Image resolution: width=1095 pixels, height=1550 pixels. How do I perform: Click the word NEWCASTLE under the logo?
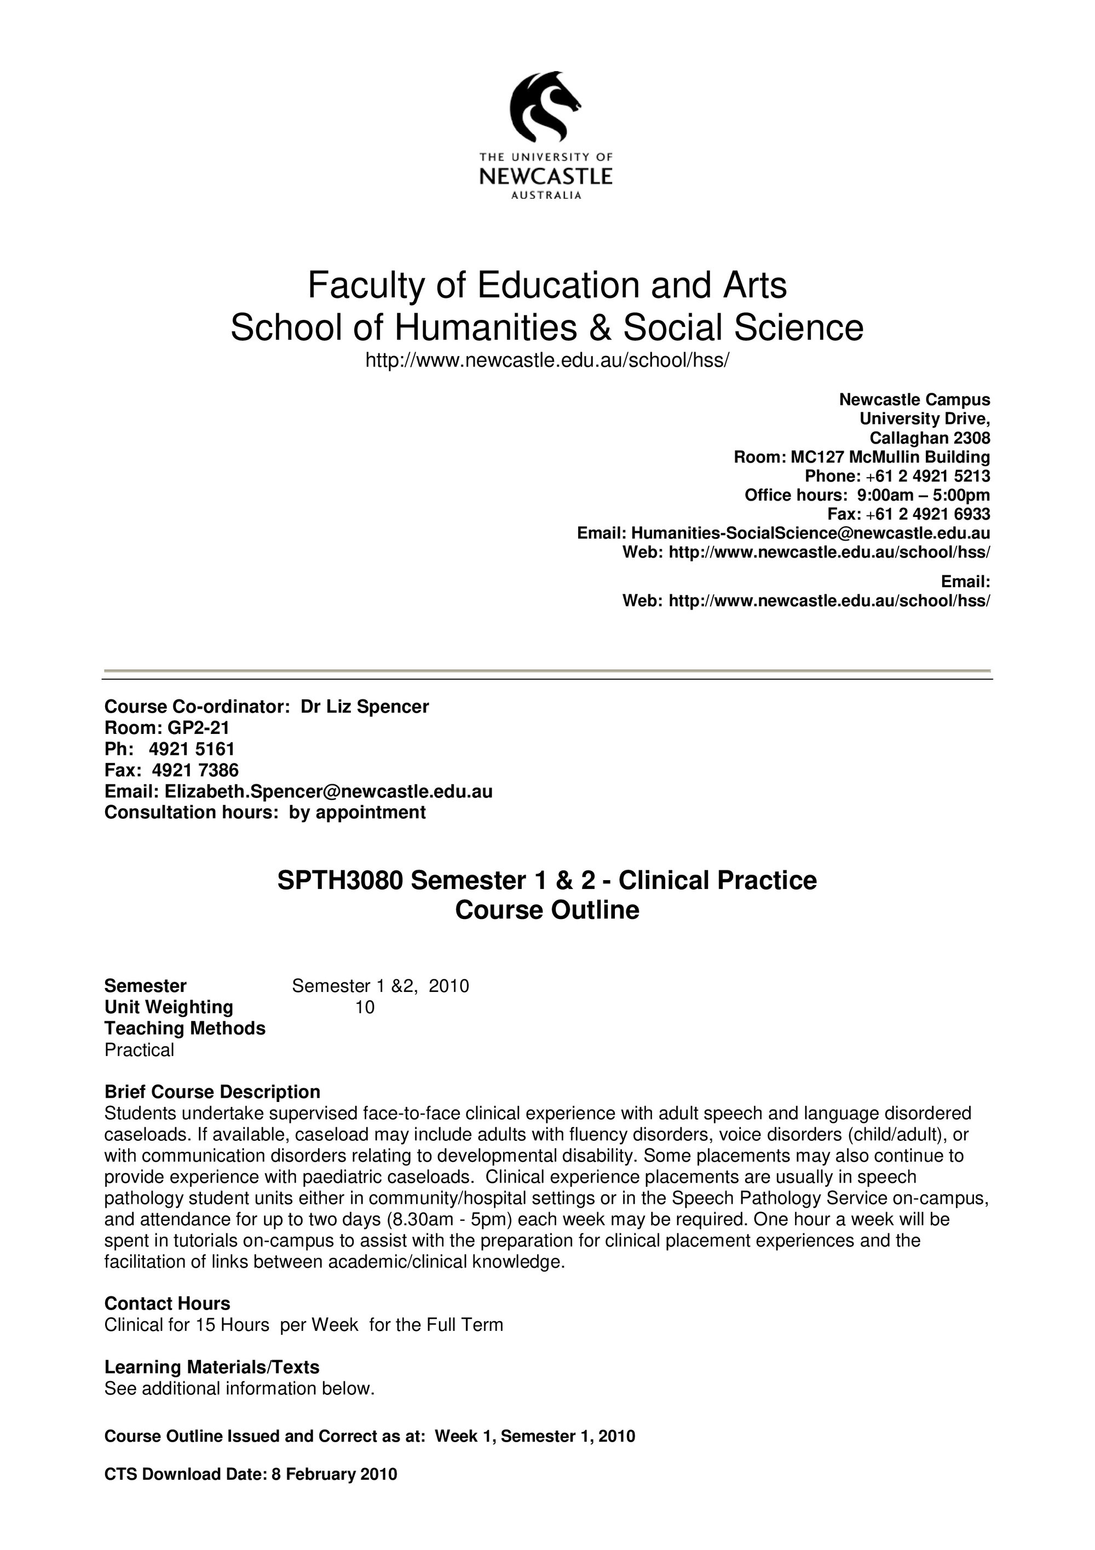tap(546, 177)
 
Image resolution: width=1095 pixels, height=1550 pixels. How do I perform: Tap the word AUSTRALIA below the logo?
tap(546, 196)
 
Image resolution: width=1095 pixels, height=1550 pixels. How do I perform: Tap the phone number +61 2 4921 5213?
tap(927, 476)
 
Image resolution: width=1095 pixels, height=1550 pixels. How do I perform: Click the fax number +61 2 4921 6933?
tap(927, 514)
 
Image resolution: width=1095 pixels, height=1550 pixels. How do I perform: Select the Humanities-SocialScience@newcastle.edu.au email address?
tap(810, 533)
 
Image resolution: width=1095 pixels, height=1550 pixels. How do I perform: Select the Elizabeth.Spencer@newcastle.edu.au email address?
tap(328, 791)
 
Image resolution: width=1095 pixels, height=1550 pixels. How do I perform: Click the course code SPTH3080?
tap(340, 880)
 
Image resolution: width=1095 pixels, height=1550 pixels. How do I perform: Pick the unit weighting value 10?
tap(364, 1007)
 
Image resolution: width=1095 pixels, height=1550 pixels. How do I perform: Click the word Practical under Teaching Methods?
tap(139, 1050)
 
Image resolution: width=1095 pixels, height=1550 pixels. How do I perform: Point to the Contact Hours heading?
tap(168, 1304)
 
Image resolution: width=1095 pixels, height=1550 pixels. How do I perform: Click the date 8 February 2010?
tap(334, 1474)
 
